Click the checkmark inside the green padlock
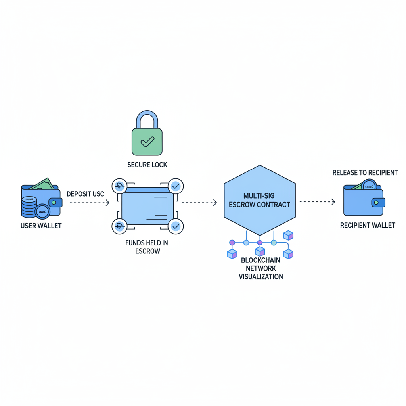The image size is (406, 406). click(x=147, y=141)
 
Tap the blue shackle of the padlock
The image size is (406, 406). click(x=147, y=119)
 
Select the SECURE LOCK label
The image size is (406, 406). click(x=147, y=165)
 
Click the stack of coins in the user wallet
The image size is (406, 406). click(x=29, y=206)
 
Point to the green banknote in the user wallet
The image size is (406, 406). click(x=42, y=184)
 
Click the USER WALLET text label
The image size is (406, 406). click(x=41, y=226)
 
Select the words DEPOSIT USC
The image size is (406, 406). click(x=85, y=194)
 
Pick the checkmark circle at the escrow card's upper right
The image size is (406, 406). click(x=175, y=186)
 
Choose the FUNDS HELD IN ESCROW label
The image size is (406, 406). click(x=147, y=247)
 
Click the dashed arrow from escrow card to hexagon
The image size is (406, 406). click(x=199, y=203)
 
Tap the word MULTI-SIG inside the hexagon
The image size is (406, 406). click(x=260, y=196)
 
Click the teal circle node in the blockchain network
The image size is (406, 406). click(x=274, y=242)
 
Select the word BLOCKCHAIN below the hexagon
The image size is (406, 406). click(x=260, y=260)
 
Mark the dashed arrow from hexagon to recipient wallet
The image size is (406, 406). click(x=317, y=202)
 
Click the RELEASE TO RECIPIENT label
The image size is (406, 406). click(x=365, y=173)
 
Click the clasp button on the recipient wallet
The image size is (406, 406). click(x=377, y=203)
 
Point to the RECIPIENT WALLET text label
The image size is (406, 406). click(x=368, y=225)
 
